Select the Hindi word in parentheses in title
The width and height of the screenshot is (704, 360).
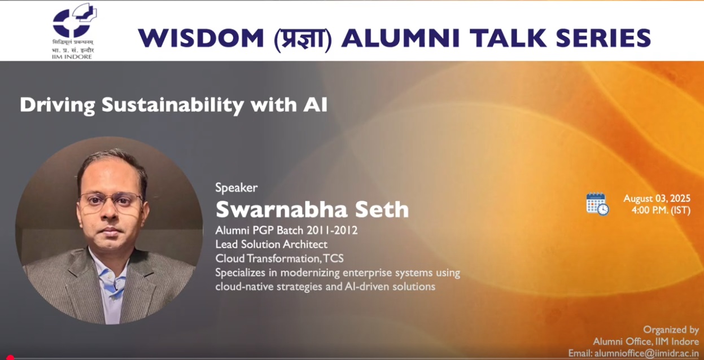pyautogui.click(x=303, y=38)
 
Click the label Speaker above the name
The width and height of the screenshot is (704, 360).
pyautogui.click(x=236, y=188)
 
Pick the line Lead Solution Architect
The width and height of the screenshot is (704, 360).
pyautogui.click(x=271, y=244)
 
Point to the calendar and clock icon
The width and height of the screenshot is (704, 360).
pyautogui.click(x=597, y=204)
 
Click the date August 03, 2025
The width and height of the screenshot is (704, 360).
pyautogui.click(x=656, y=199)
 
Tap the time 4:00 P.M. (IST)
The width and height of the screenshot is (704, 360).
pyautogui.click(x=661, y=210)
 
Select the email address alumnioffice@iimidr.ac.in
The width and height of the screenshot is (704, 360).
pyautogui.click(x=645, y=353)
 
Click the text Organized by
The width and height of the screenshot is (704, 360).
pyautogui.click(x=671, y=330)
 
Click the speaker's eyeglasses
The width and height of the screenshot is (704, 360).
pyautogui.click(x=111, y=200)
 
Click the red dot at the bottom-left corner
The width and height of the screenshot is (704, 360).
pyautogui.click(x=10, y=357)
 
